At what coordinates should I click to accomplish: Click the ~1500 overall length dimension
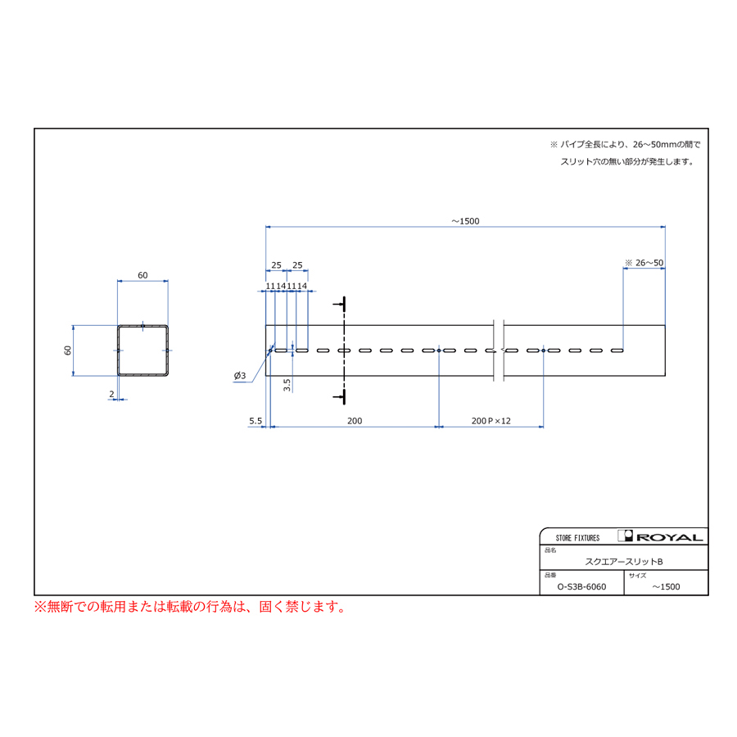(x=465, y=221)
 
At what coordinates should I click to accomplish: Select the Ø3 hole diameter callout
(x=240, y=376)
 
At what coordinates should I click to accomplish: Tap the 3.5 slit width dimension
(x=287, y=385)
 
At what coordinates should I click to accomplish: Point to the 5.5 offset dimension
(x=255, y=421)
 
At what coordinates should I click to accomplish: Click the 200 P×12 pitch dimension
(x=491, y=421)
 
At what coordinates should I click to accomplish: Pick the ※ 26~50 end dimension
(x=644, y=263)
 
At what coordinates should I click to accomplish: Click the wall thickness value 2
(x=111, y=394)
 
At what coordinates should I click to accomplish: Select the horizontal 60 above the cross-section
(x=142, y=275)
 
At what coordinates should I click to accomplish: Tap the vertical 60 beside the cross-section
(x=68, y=350)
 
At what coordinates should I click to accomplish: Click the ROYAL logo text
(x=670, y=537)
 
